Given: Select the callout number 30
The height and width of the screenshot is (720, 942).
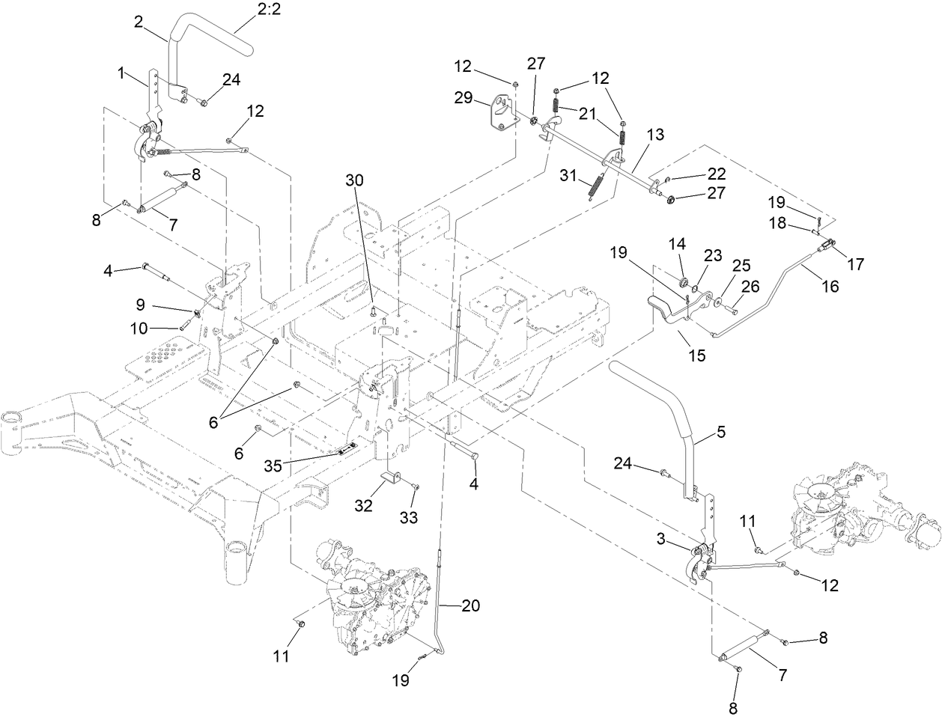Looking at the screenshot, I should (x=356, y=180).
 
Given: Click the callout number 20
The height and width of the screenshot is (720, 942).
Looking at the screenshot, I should (x=470, y=607).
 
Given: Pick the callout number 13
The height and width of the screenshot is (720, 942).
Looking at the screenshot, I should (x=655, y=135).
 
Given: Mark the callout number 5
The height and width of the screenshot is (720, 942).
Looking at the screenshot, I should (x=720, y=432).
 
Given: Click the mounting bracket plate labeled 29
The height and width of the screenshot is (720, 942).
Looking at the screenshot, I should (x=502, y=113).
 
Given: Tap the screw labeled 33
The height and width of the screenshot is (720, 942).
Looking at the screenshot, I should (x=416, y=488).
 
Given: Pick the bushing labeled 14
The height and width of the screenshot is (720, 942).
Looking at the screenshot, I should (x=683, y=284).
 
